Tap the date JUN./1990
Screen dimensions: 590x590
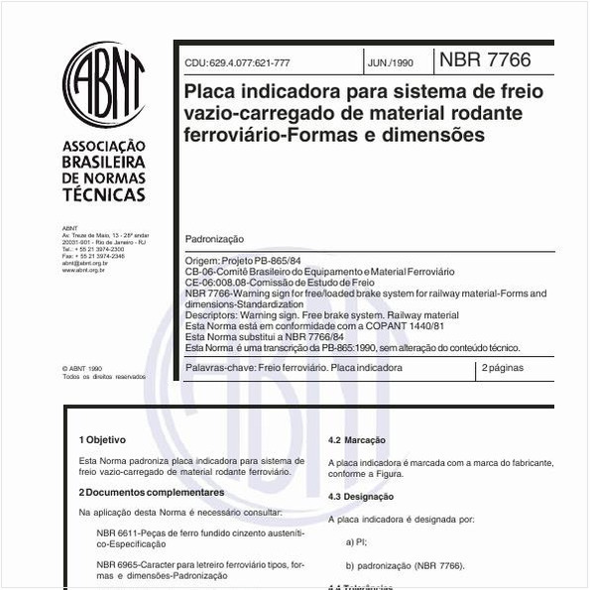(x=390, y=62)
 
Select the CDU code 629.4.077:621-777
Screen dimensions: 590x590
(x=237, y=62)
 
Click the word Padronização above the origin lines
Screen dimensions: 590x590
(x=214, y=240)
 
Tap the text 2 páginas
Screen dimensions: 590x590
(x=503, y=368)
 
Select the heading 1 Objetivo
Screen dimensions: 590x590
(x=103, y=438)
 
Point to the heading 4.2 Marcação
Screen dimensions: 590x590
(x=357, y=439)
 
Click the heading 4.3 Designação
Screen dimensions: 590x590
(x=361, y=497)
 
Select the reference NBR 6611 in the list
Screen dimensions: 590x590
(x=117, y=533)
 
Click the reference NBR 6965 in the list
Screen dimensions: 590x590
(x=117, y=565)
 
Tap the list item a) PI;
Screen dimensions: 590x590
(x=357, y=541)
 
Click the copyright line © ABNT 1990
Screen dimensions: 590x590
(x=84, y=368)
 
